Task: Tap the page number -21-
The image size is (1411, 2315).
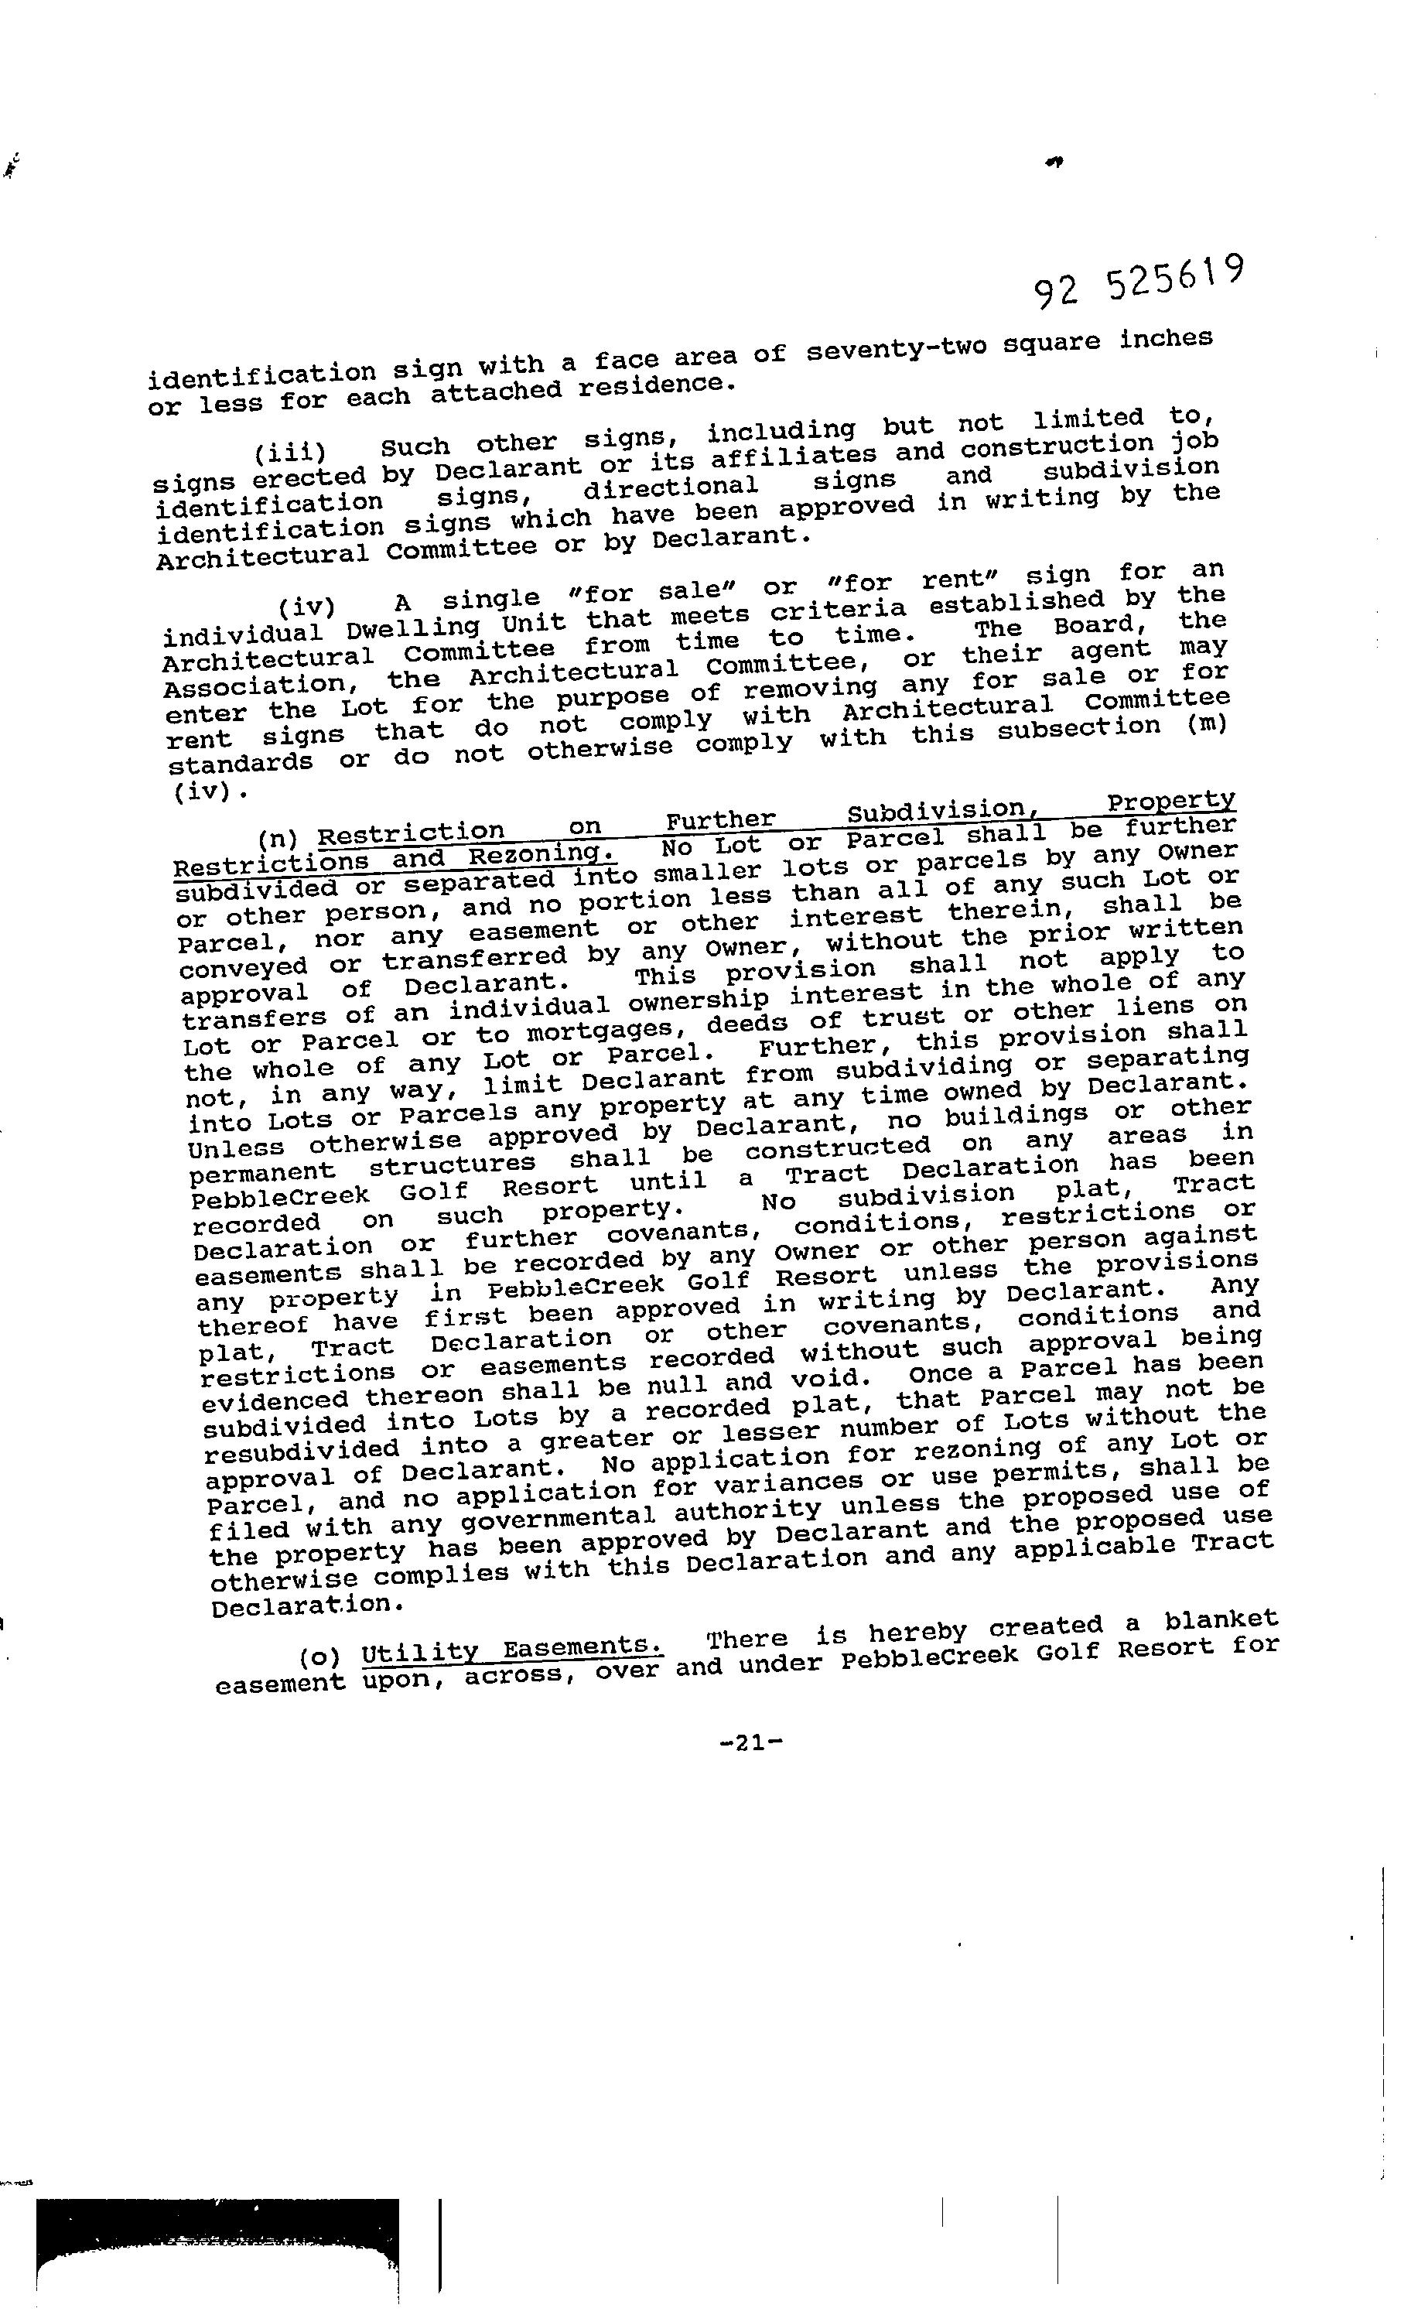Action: (750, 1744)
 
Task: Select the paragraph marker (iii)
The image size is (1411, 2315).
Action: (289, 453)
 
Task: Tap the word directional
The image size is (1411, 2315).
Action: (670, 488)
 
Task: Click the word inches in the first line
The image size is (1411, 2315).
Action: (1165, 338)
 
